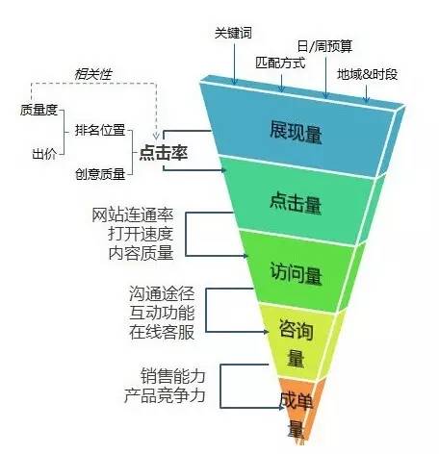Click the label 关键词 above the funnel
click(233, 33)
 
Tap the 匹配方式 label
click(280, 63)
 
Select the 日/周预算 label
click(324, 46)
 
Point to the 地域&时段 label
click(367, 74)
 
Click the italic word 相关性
click(93, 74)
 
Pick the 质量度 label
click(39, 110)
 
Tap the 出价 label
click(44, 154)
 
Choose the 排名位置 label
click(100, 130)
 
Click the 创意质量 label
click(100, 174)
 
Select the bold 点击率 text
click(164, 153)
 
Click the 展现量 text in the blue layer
click(296, 132)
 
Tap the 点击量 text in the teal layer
click(296, 203)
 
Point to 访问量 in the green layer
click(296, 273)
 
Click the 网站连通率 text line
click(133, 214)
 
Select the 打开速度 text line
click(141, 234)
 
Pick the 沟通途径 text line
click(162, 293)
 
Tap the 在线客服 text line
click(162, 332)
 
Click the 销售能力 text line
click(173, 376)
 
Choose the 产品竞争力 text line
click(165, 395)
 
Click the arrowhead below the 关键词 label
click(234, 82)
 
